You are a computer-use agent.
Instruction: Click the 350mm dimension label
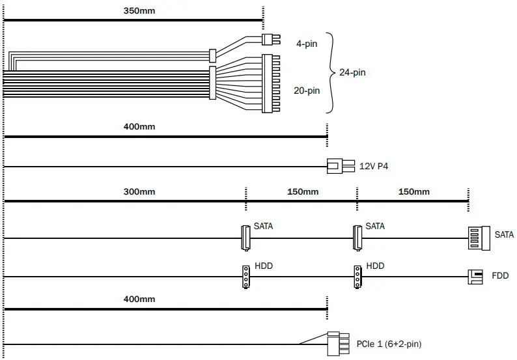[x=139, y=12]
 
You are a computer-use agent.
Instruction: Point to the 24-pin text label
[x=352, y=72]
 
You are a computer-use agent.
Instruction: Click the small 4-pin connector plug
[x=268, y=39]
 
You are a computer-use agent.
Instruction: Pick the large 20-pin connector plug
[x=270, y=83]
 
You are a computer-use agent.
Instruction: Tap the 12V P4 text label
[x=374, y=167]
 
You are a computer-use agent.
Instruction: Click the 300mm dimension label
[x=139, y=192]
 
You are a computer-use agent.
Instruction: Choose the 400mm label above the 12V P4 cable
[x=139, y=126]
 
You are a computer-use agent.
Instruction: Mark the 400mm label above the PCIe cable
[x=139, y=299]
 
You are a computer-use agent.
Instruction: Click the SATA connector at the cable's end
[x=477, y=238]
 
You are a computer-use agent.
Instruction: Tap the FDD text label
[x=500, y=277]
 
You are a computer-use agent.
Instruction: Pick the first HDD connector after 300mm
[x=245, y=277]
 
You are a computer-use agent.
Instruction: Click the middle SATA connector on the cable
[x=356, y=237]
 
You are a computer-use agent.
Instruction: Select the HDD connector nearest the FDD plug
[x=357, y=277]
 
